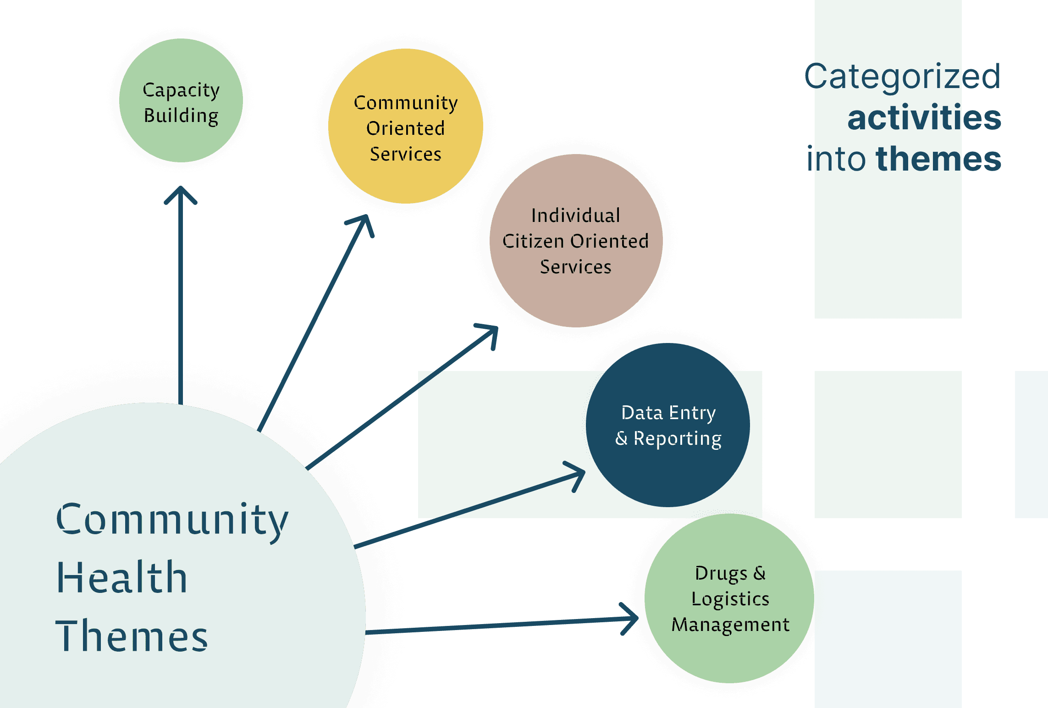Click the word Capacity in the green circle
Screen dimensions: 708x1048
coord(181,90)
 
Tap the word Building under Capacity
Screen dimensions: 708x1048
coord(181,116)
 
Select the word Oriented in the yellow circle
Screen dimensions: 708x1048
coord(405,128)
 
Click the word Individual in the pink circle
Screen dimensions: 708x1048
coord(576,216)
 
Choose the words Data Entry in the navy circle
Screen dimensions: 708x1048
coord(668,413)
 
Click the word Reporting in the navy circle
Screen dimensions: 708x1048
coord(677,439)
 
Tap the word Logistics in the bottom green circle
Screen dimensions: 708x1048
coord(730,599)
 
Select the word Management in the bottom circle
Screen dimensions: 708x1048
coord(730,625)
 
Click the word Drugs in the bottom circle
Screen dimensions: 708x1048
coord(721,573)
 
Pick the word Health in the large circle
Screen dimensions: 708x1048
coord(121,578)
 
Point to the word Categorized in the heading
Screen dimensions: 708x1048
coord(902,77)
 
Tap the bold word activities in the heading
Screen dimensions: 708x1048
coord(924,118)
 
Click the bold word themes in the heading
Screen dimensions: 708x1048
coord(938,159)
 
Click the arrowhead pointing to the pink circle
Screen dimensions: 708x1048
coord(491,332)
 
